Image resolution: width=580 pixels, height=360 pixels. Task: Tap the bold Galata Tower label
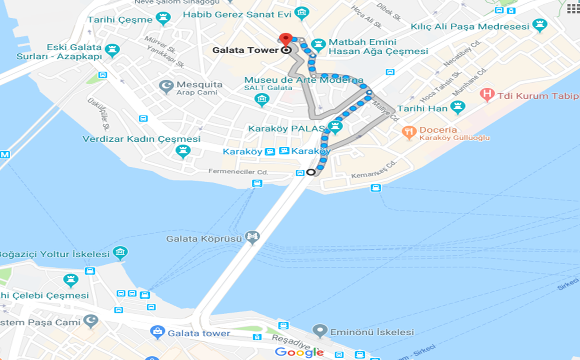tap(246, 50)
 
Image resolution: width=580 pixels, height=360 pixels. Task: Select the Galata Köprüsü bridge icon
tap(252, 237)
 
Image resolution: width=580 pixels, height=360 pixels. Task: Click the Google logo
tap(299, 352)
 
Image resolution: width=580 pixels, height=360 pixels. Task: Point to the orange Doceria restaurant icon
tap(409, 132)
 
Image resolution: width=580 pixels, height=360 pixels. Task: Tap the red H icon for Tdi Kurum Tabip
tap(487, 95)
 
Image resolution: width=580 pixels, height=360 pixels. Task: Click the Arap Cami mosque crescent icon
tap(167, 86)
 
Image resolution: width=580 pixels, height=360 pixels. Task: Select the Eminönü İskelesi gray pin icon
tap(320, 331)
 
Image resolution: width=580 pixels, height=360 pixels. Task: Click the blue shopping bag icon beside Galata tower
tap(158, 332)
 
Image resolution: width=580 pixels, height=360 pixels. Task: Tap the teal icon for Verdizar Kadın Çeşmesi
tap(183, 151)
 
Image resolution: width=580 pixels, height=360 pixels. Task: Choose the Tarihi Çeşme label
tap(120, 20)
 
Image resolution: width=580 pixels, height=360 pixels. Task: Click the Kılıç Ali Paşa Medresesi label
tap(470, 27)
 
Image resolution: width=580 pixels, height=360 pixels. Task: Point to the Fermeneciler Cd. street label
tap(238, 172)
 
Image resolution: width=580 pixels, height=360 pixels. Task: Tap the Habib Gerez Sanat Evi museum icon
tap(302, 13)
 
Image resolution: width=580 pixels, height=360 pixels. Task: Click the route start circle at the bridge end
tap(311, 172)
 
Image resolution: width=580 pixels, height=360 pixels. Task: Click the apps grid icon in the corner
tap(573, 8)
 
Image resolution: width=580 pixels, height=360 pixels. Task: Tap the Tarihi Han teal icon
tap(457, 107)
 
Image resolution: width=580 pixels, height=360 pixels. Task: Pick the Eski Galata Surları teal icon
tap(112, 50)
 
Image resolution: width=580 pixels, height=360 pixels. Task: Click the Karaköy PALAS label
tap(287, 129)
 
